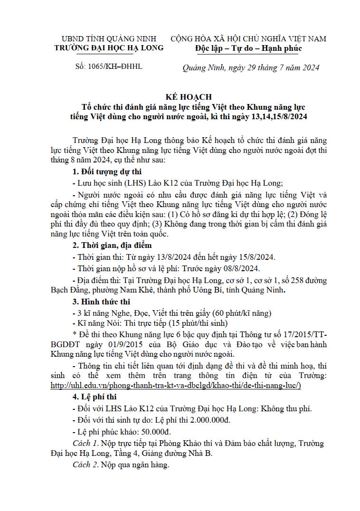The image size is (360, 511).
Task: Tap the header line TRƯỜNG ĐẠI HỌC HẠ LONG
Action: [109, 48]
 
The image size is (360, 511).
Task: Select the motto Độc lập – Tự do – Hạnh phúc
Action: [248, 48]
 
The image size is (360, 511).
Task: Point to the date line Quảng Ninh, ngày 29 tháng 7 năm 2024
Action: [251, 67]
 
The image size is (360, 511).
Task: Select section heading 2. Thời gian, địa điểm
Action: [112, 246]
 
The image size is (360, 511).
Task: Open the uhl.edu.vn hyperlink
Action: [176, 386]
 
